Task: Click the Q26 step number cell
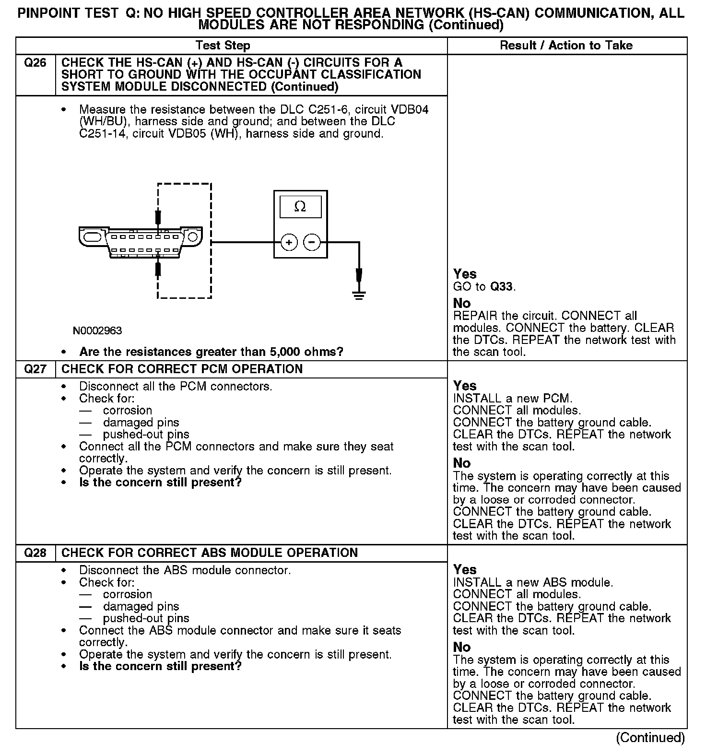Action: coord(35,63)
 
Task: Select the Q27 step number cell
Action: coord(35,369)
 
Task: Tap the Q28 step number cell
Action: coord(35,553)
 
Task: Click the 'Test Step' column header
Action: coord(223,46)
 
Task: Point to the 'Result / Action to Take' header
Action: coord(566,46)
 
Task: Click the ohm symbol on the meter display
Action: coord(300,207)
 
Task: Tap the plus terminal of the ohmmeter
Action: coord(289,243)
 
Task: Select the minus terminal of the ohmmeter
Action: coord(312,243)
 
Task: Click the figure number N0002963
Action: coord(97,331)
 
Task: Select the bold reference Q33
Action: coord(502,287)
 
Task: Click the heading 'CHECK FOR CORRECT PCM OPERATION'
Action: coord(182,369)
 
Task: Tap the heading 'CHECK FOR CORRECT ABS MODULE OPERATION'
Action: coord(210,553)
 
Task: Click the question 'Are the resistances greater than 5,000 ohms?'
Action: coord(211,352)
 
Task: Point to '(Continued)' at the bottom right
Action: coord(650,737)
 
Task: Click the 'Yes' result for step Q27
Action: coord(465,386)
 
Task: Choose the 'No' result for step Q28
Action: coord(462,647)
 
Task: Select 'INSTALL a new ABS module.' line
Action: coord(533,583)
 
